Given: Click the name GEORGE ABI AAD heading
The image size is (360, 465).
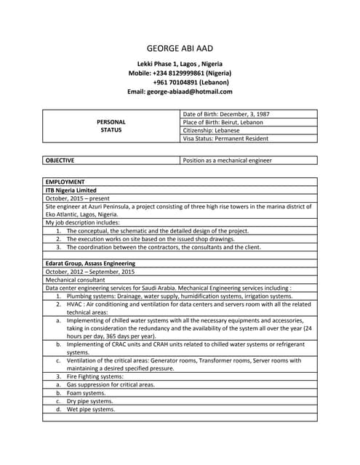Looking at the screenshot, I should tap(180, 48).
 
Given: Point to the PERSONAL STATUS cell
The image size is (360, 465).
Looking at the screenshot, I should tap(111, 126).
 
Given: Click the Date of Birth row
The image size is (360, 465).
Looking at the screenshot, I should tap(226, 114).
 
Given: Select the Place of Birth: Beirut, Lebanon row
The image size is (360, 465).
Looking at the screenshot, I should tap(223, 122).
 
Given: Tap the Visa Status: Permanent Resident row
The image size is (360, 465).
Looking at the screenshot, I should tap(225, 139).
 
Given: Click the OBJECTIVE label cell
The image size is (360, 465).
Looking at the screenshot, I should tap(60, 161).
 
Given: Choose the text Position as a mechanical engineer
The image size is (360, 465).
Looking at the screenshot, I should tap(228, 161).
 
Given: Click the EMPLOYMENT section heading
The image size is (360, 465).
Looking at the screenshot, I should tap(65, 182).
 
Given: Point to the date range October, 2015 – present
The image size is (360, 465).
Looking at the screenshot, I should tap(78, 198).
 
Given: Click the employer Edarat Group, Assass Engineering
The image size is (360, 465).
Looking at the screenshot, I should tap(90, 263).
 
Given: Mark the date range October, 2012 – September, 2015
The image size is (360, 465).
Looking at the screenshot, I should tap(90, 272).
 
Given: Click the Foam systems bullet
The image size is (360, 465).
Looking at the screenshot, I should tap(86, 393).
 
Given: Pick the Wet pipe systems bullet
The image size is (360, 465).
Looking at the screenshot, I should tap(91, 409).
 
